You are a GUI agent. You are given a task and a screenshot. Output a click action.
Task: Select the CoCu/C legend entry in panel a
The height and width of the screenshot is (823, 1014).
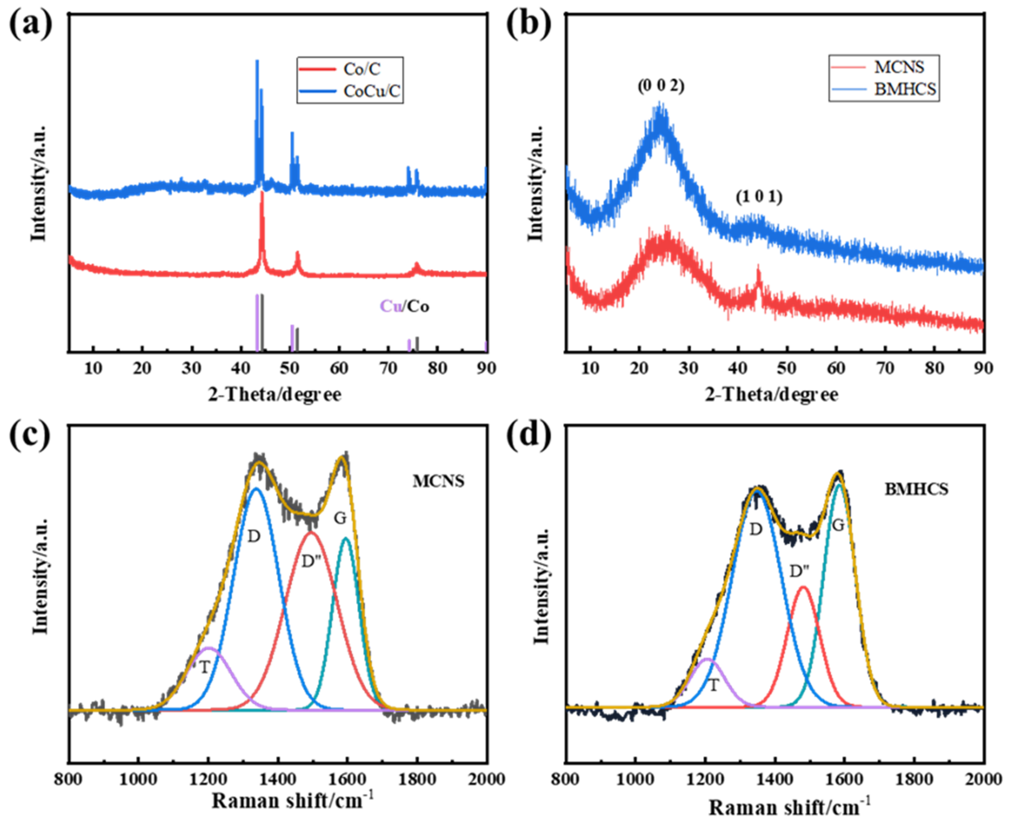point(372,91)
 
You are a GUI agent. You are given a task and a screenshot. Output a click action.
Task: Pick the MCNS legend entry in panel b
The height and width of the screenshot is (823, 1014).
point(899,67)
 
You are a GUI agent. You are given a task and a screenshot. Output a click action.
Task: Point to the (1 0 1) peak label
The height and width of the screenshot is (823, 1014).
point(759,196)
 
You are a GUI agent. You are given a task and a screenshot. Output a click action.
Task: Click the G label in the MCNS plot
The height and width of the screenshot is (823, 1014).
point(340,519)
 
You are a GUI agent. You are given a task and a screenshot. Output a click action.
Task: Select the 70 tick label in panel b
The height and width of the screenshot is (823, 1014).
point(885,368)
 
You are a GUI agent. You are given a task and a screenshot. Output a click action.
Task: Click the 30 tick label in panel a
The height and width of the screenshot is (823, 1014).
point(192,368)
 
